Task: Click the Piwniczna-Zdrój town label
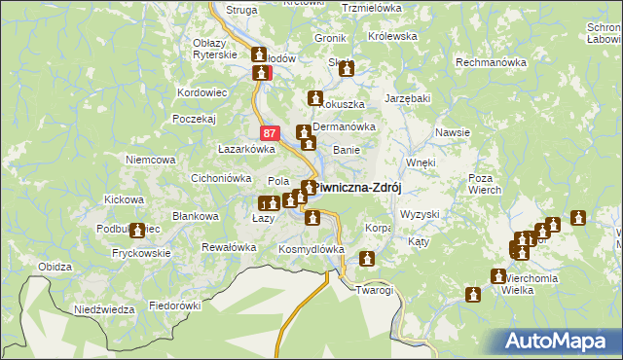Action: click(x=358, y=188)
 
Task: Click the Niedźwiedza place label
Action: click(x=104, y=309)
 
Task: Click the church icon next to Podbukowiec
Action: click(x=137, y=231)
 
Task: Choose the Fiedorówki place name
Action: click(x=174, y=305)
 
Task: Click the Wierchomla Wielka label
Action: click(x=531, y=282)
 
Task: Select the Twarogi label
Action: click(x=374, y=290)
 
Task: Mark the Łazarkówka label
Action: click(x=246, y=150)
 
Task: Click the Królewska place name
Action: click(x=392, y=36)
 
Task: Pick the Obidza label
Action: click(x=55, y=266)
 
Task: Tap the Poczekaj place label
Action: click(x=193, y=118)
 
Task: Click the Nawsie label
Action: click(x=454, y=132)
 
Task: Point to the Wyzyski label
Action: click(x=421, y=213)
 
